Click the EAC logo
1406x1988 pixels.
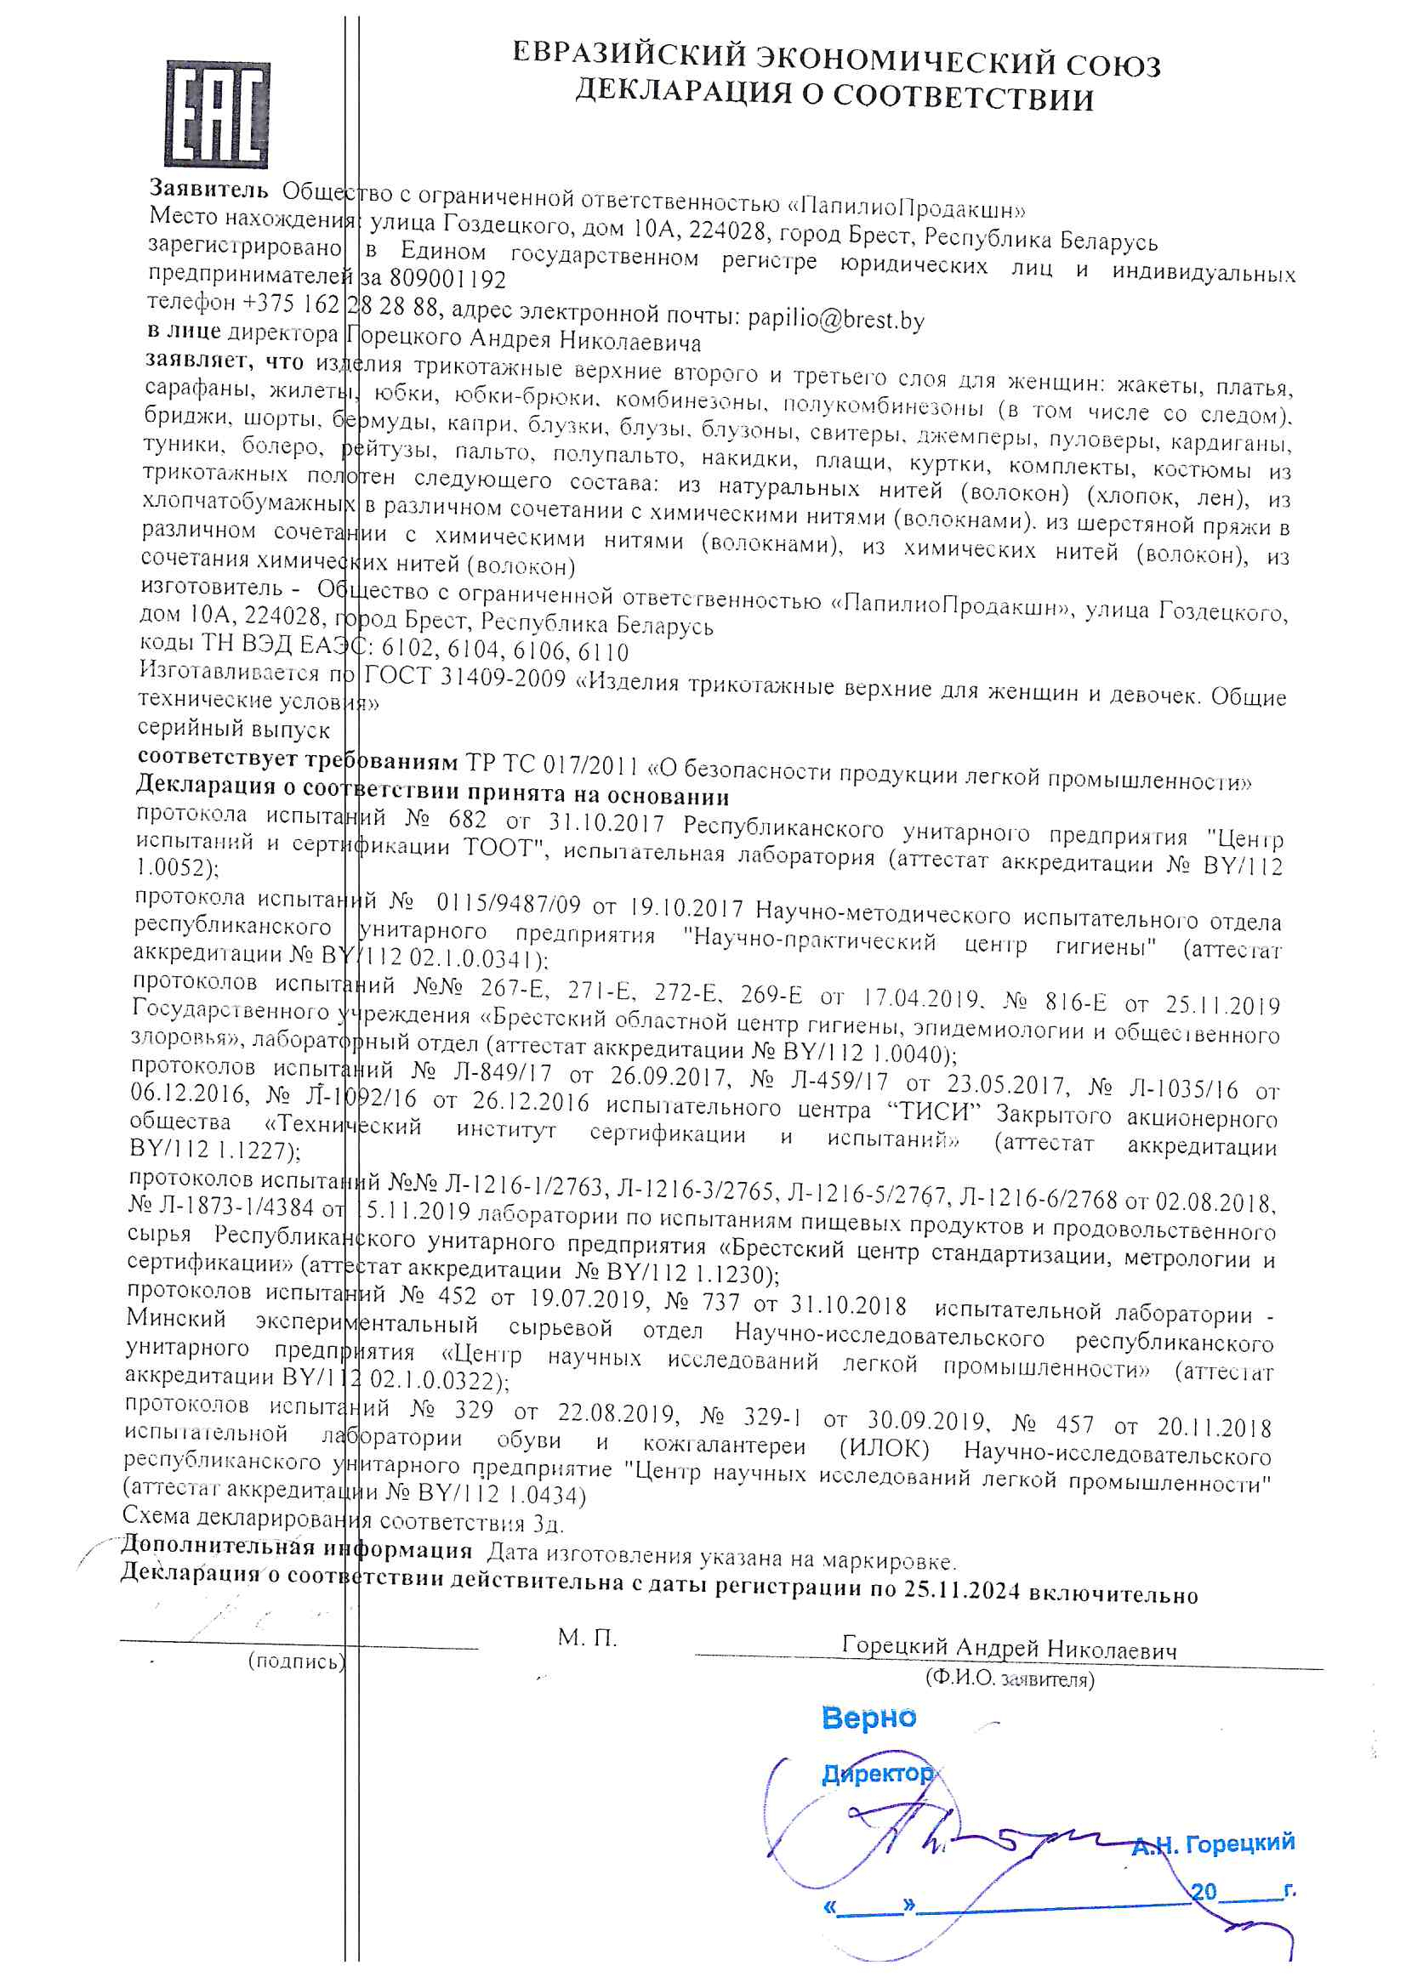pyautogui.click(x=217, y=114)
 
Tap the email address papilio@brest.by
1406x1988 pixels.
pyautogui.click(x=836, y=320)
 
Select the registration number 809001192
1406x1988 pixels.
pyautogui.click(x=447, y=279)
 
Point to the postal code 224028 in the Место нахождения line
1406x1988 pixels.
pyautogui.click(x=727, y=232)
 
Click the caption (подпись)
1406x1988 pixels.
pyautogui.click(x=296, y=1661)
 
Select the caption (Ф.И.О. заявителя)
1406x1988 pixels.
pyautogui.click(x=1010, y=1678)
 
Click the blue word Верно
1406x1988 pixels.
pyautogui.click(x=869, y=1718)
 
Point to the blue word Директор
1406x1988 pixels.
pyautogui.click(x=877, y=1774)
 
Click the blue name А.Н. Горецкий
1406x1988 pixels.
pyautogui.click(x=1213, y=1844)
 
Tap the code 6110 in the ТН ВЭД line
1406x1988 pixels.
pyautogui.click(x=603, y=651)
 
